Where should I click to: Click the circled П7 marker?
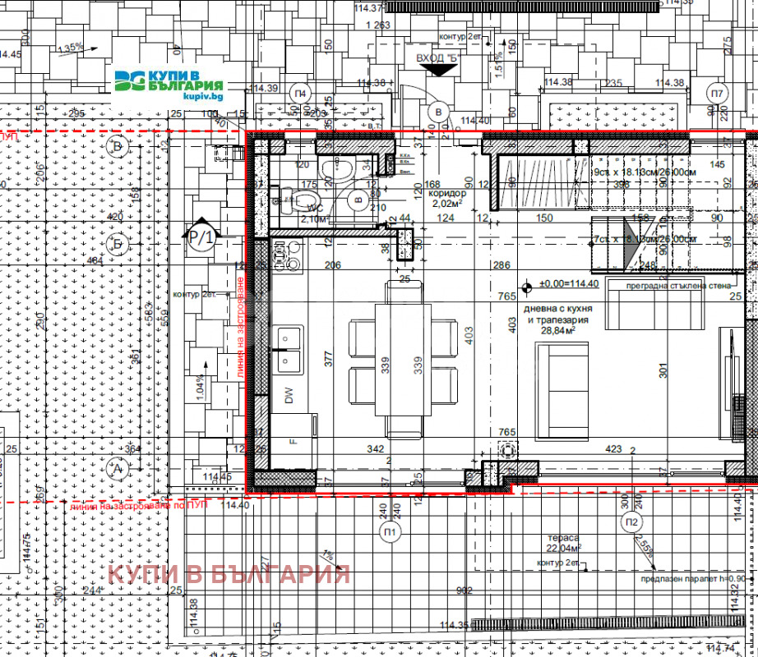point(717,93)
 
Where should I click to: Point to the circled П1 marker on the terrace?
point(391,533)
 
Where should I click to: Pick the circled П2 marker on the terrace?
point(631,522)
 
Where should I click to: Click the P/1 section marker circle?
point(202,237)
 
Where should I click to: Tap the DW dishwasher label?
point(289,397)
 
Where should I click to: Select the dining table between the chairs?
point(403,358)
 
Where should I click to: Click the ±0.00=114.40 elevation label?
point(568,283)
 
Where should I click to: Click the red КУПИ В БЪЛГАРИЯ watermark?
point(229,573)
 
